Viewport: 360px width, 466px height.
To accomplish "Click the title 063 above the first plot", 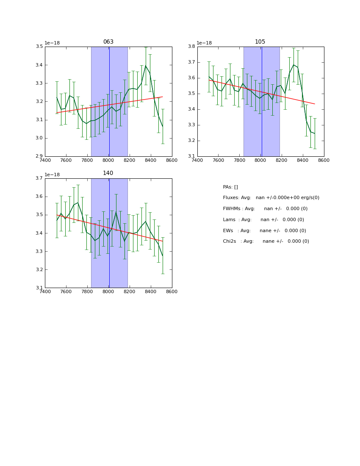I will pos(108,42).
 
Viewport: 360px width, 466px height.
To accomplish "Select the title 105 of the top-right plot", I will pos(260,42).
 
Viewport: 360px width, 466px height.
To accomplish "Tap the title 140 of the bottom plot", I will pos(108,173).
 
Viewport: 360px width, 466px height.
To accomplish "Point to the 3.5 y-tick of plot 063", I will pos(39,47).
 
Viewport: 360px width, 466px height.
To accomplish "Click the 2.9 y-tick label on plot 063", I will pos(39,156).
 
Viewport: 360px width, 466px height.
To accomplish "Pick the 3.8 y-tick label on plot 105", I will pos(191,47).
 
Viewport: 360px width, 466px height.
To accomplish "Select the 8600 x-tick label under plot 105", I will pos(324,160).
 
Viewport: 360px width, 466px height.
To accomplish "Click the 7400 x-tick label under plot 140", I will pos(45,291).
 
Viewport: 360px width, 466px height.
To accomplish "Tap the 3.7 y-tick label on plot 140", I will pos(39,178).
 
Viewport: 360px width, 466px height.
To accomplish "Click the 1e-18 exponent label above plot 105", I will pos(204,43).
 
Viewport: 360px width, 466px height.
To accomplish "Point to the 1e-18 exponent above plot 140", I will pos(52,175).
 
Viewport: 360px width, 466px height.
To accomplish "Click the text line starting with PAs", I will pos(230,187).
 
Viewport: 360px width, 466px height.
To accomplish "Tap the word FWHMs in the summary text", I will pos(232,209).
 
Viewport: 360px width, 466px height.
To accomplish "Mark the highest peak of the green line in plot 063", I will pos(146,66).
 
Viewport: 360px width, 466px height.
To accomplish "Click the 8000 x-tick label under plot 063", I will pos(108,160).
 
